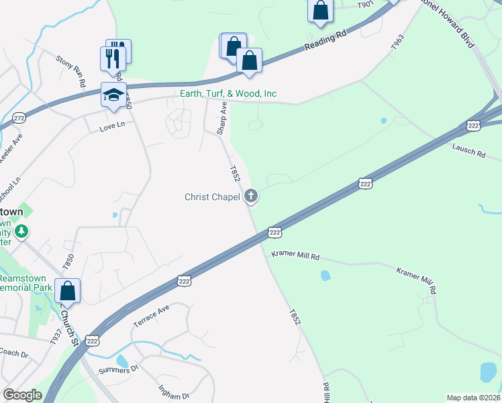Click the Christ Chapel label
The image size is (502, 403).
point(213,197)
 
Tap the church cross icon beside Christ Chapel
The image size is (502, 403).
point(251,197)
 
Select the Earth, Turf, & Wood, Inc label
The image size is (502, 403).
point(228,94)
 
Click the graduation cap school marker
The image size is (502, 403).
point(113,95)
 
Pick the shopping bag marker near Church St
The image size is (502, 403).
point(67,291)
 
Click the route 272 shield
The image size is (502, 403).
point(19,118)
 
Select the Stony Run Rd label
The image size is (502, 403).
point(72,72)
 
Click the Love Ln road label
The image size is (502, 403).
point(112,126)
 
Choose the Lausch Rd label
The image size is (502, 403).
point(468,149)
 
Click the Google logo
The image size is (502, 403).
point(22,395)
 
